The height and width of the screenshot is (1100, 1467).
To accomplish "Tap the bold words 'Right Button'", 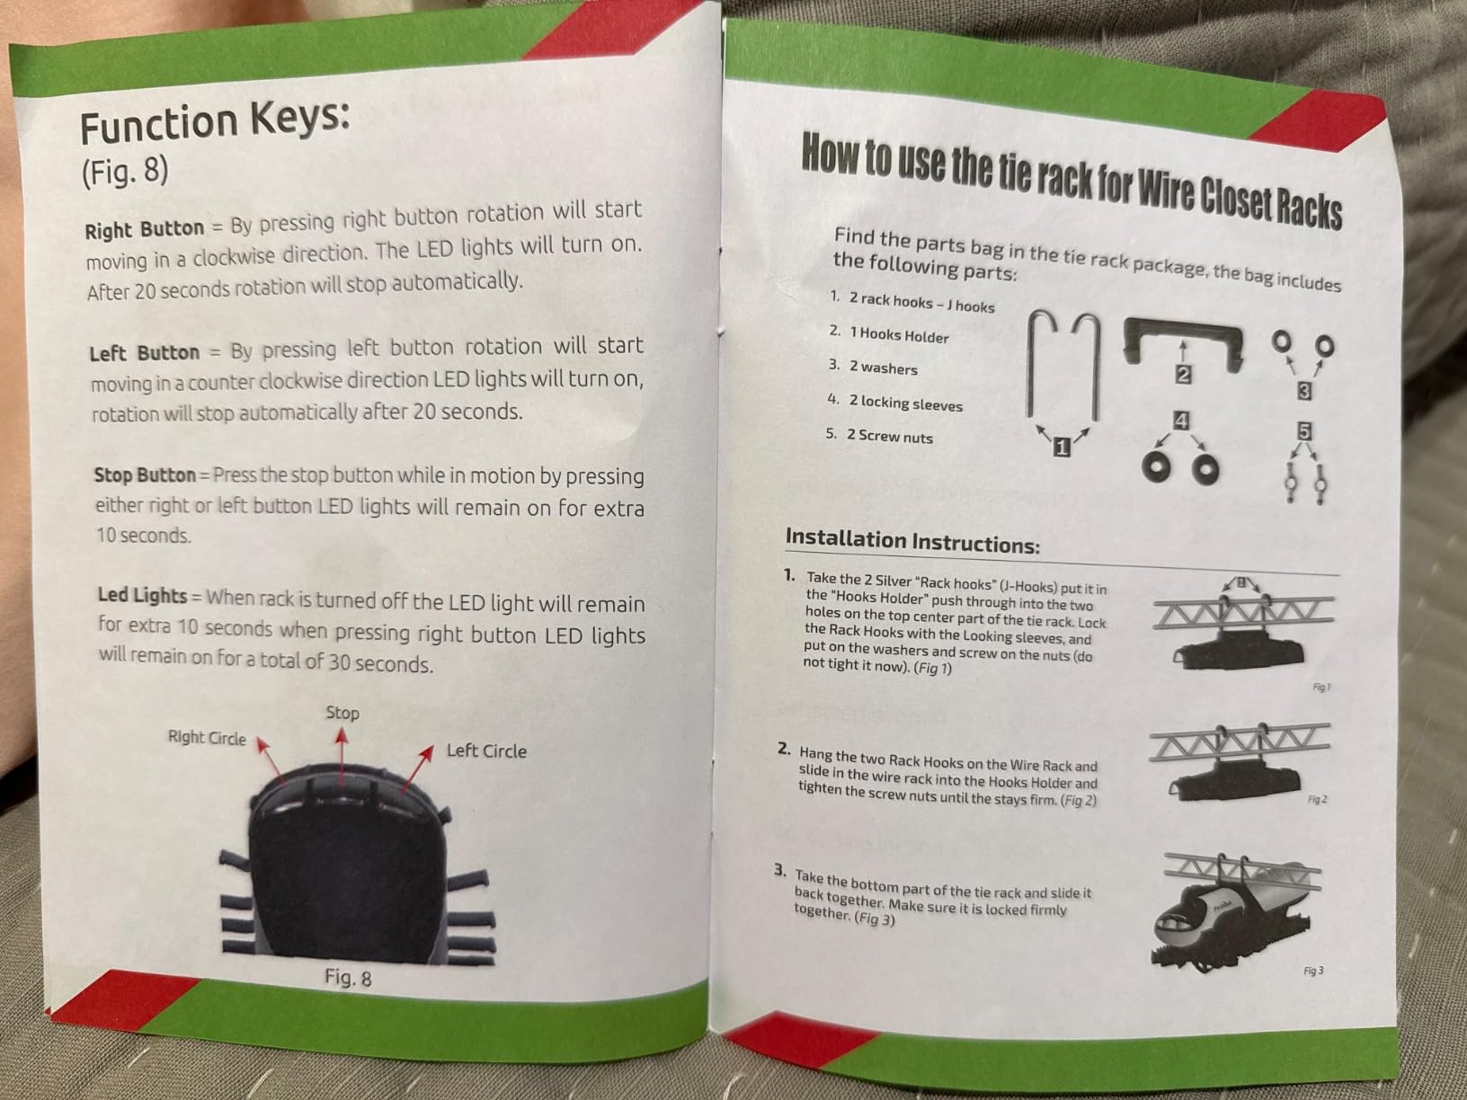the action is [x=145, y=229].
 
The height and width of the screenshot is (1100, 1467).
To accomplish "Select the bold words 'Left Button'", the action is [x=145, y=352].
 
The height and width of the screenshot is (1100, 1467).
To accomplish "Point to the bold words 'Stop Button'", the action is [x=145, y=475].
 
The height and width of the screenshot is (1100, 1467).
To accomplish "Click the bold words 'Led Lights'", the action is [x=142, y=595].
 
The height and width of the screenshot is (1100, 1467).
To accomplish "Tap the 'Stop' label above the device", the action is [x=342, y=714].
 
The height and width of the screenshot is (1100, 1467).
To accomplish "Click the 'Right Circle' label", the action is [x=207, y=738].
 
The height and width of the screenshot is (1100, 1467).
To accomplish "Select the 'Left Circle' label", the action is [x=486, y=750].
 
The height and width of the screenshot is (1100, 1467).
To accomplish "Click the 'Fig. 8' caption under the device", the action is [x=348, y=977].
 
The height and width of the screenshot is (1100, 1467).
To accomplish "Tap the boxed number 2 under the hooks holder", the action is [x=1183, y=376].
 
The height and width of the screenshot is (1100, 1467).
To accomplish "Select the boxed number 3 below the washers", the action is [x=1304, y=391].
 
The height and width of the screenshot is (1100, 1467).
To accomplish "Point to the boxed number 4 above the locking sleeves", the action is [x=1181, y=421].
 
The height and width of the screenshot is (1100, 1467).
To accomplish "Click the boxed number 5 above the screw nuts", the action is [x=1304, y=431].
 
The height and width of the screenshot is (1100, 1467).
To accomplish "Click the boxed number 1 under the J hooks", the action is [x=1062, y=447].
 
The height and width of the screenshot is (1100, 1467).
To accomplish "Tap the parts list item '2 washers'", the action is [x=883, y=368].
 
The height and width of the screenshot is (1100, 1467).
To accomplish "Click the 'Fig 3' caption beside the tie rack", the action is [x=1313, y=971].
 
